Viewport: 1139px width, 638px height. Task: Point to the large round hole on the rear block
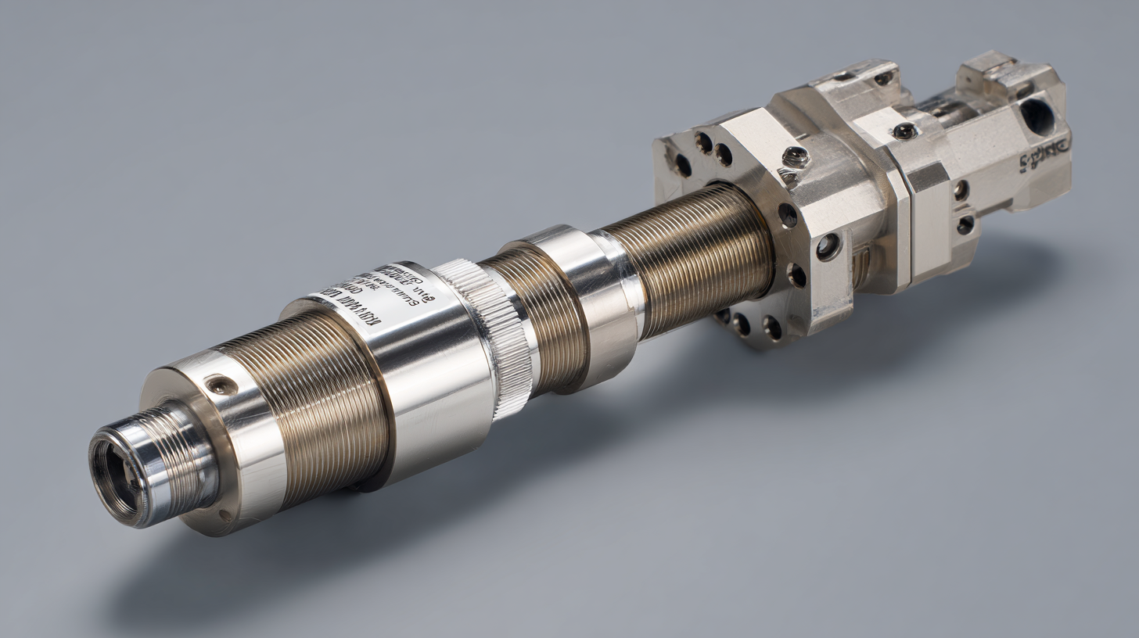1037,116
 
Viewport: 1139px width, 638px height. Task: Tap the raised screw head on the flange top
796,156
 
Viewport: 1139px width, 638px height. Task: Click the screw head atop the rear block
905,131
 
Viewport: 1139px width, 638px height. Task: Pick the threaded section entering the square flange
688,258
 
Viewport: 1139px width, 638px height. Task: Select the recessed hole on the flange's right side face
827,247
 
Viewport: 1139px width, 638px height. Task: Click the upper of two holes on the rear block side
961,190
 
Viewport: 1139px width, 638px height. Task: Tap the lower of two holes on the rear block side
965,224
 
